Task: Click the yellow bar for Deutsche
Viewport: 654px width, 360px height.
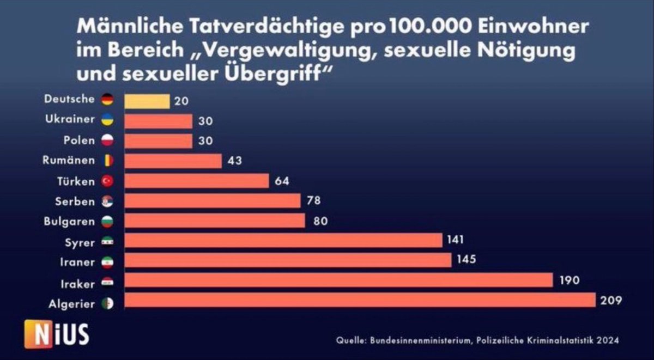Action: [147, 101]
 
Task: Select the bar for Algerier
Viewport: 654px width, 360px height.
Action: [360, 300]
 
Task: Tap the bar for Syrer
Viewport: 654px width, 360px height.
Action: [283, 240]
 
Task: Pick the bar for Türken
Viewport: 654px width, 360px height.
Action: [197, 180]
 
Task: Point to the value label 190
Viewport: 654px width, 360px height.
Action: [569, 280]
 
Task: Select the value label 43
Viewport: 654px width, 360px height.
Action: [235, 161]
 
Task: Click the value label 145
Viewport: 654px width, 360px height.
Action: [467, 260]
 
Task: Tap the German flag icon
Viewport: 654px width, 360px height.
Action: [107, 100]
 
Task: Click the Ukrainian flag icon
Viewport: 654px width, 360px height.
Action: [107, 120]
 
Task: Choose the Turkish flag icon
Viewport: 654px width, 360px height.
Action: [107, 181]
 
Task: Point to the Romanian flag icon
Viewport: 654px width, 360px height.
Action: [107, 161]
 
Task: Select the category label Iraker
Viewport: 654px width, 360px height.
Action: [78, 283]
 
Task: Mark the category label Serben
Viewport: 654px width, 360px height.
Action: [75, 201]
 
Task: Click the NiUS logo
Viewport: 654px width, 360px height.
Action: [57, 334]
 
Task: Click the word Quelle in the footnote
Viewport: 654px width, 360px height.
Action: [350, 340]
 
